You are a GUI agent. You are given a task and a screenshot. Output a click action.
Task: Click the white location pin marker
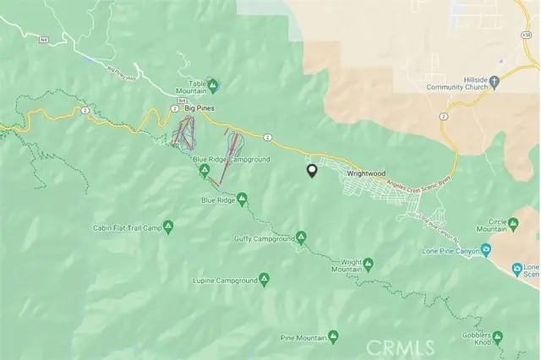click(311, 171)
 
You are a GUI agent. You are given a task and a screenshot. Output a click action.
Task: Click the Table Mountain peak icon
click(213, 84)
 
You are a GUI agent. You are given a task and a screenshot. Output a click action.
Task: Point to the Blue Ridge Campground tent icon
click(204, 172)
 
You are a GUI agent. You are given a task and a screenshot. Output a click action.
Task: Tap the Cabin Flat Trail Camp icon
click(168, 227)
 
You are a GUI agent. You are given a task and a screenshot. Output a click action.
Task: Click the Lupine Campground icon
click(264, 279)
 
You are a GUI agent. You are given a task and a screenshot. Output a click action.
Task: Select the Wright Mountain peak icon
click(368, 265)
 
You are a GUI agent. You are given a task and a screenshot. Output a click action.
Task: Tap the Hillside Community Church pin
click(495, 82)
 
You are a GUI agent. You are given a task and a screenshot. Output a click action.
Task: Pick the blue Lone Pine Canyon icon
click(486, 250)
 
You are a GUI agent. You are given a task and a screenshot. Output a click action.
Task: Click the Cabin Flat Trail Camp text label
click(126, 227)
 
